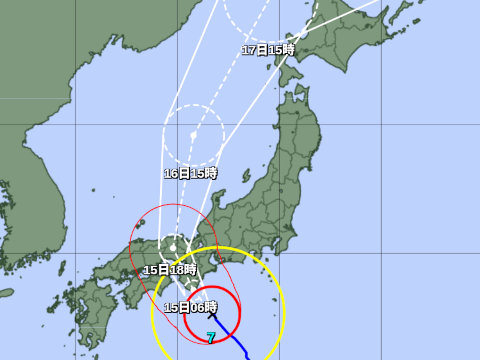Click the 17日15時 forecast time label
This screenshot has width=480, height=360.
coord(268,50)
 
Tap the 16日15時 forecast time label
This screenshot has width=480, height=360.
coord(190,173)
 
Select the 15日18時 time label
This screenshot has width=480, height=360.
coord(168,270)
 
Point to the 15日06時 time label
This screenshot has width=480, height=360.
coord(190,307)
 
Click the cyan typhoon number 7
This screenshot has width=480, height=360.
coord(210,338)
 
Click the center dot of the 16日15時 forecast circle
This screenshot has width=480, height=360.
coord(193,135)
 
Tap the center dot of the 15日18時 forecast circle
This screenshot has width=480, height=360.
coord(174,247)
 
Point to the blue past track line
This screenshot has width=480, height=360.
coord(240,346)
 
